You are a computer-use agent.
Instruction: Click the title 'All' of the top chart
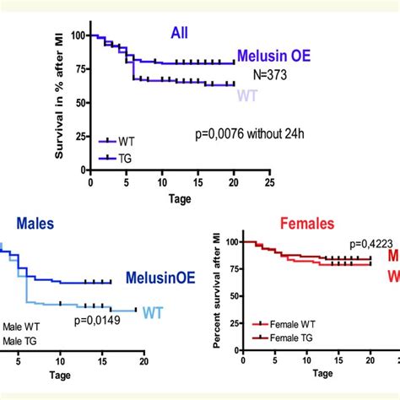(178, 33)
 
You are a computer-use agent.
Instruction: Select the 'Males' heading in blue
(35, 225)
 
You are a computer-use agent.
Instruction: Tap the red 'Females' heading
(283, 225)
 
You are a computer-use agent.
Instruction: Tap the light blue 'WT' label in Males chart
(152, 313)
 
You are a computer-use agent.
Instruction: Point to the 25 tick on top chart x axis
(268, 181)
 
